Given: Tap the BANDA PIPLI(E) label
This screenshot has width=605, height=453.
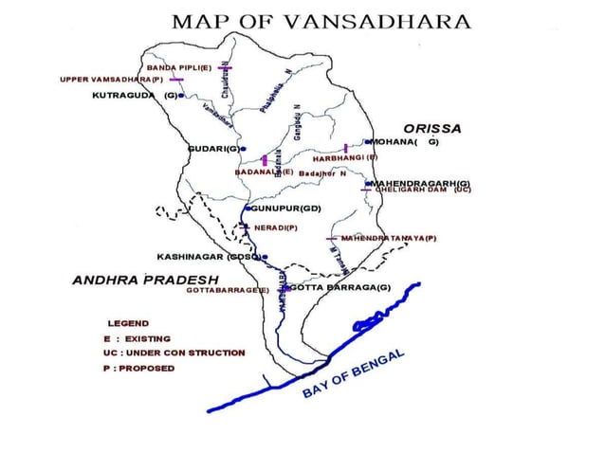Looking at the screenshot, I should [x=178, y=68].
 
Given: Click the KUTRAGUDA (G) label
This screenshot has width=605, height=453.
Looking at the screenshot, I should [x=134, y=96].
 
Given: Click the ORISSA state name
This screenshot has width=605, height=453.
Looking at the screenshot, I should [x=431, y=127].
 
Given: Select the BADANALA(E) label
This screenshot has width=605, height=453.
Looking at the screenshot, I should [x=264, y=172].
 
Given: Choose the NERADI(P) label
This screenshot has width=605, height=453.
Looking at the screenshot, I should [x=276, y=227].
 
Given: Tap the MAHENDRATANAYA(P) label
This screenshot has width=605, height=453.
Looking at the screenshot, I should [x=388, y=237].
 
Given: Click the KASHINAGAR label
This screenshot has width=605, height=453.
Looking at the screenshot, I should [x=209, y=256].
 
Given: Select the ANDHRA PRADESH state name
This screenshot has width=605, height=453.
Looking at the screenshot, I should [x=145, y=281].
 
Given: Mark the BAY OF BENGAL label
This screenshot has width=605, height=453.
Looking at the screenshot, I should [x=355, y=374].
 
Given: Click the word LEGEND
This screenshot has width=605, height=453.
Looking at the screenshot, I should [x=128, y=323].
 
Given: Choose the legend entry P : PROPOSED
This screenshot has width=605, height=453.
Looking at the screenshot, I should [x=139, y=368].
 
